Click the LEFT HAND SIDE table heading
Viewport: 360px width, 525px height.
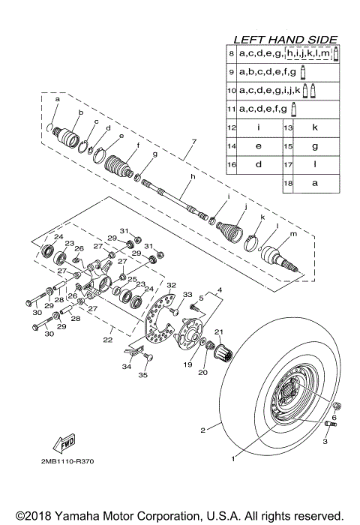[285, 39]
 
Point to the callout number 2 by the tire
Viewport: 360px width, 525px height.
[202, 430]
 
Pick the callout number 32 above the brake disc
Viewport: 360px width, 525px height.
[171, 285]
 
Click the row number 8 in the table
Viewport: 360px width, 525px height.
[232, 55]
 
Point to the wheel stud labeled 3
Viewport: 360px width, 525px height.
[328, 428]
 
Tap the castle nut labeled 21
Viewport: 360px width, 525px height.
[223, 349]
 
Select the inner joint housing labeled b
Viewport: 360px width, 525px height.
[72, 139]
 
